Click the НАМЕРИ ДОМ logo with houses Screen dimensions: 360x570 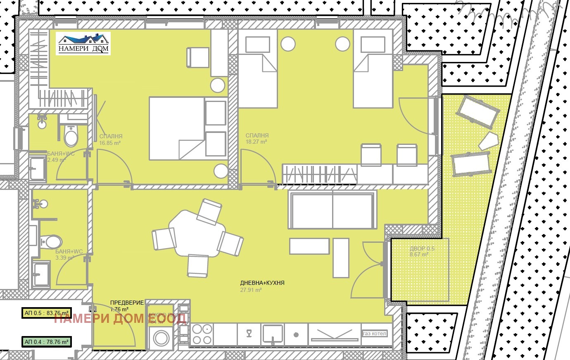83,44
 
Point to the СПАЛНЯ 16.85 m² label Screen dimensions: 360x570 111,140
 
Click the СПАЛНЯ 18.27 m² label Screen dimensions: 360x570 257,138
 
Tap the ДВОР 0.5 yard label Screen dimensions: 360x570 422,251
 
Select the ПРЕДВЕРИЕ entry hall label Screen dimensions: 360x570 127,306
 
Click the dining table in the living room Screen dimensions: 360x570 198,233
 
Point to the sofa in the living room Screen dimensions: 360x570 332,210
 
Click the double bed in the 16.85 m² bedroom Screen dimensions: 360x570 188,128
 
